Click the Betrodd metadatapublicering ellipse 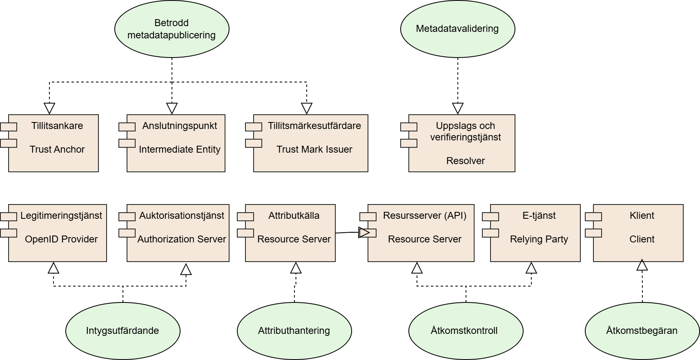click(172, 29)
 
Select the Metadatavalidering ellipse click(457, 29)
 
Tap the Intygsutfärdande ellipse click(123, 331)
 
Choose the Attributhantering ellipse click(294, 331)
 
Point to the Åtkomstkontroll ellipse click(466, 331)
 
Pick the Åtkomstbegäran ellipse click(642, 331)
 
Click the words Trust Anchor click(57, 149)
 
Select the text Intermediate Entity click(180, 149)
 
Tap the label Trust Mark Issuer click(314, 149)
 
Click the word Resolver click(465, 161)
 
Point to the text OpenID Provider click(61, 239)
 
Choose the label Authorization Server click(182, 239)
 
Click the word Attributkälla click(294, 216)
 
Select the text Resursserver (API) click(425, 216)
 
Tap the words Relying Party click(539, 239)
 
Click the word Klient click(642, 216)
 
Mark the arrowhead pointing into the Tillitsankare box click(49, 108)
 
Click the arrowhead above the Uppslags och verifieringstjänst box click(458, 108)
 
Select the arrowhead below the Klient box click(642, 265)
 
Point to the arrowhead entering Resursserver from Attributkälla click(364, 233)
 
